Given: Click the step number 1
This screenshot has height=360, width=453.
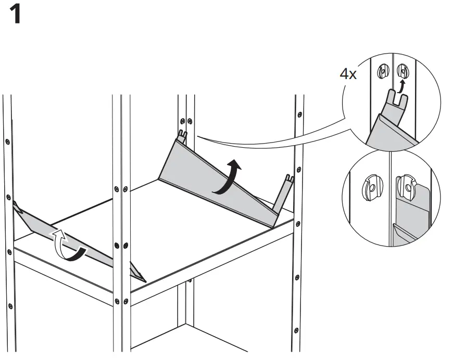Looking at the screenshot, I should point(16,16).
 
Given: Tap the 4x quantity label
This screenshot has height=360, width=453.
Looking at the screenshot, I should point(348,74).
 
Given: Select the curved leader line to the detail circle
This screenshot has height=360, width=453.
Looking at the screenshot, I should point(271,139).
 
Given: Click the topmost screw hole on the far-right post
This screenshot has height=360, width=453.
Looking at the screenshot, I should point(299,113).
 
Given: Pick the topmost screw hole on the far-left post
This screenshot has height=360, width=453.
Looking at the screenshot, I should point(7,141).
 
